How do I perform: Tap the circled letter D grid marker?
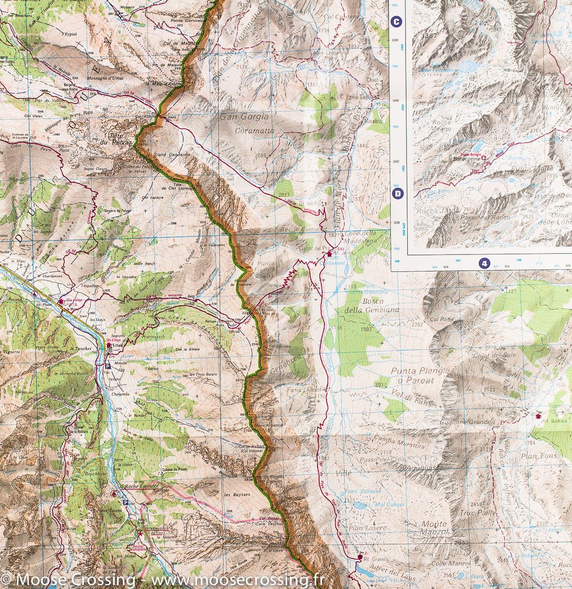coord(397,194)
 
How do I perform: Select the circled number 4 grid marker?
coord(484,264)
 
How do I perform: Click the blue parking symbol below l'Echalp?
coord(107,366)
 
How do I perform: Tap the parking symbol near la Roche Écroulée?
coord(127,503)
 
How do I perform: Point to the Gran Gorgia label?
coord(244,117)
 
